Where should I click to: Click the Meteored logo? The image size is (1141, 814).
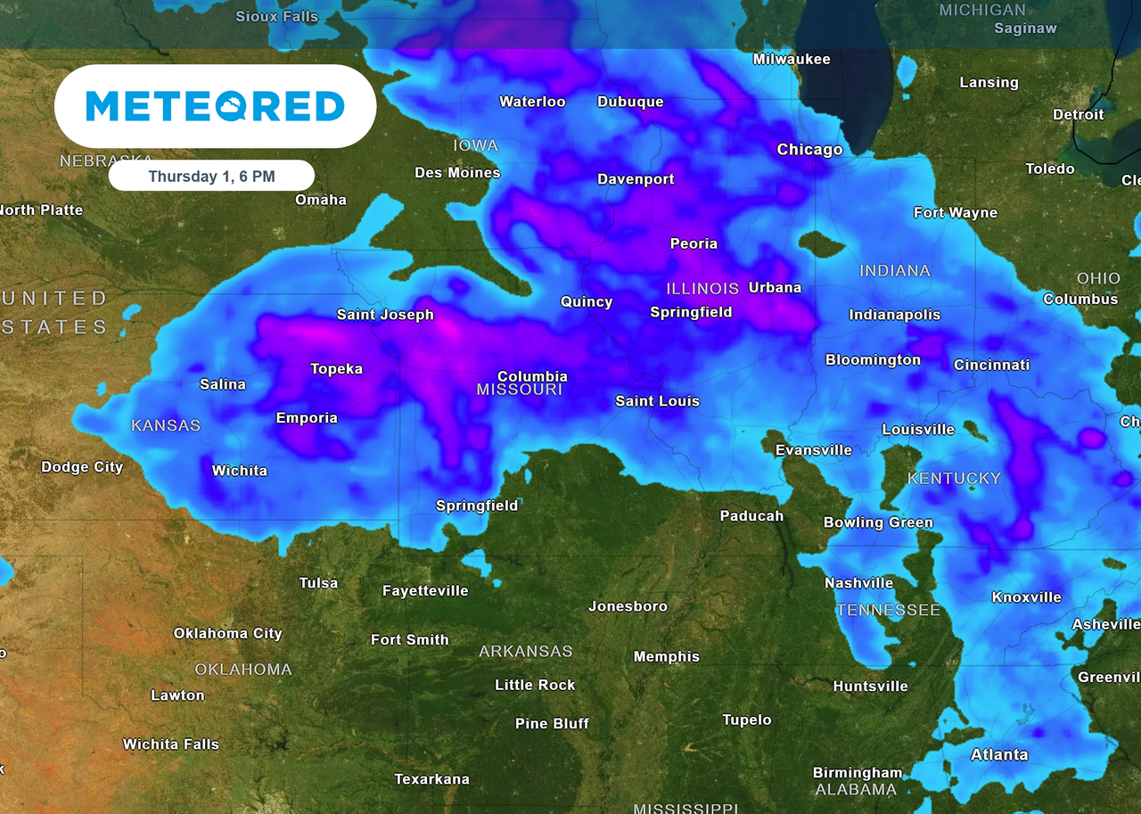(215, 106)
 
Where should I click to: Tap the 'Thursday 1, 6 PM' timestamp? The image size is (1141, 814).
(211, 176)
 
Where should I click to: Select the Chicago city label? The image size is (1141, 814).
(809, 150)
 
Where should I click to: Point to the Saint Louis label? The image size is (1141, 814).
(657, 401)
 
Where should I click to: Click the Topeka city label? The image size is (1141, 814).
(336, 369)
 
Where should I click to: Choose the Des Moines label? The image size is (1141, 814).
(457, 173)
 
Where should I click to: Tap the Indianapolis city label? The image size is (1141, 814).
(894, 315)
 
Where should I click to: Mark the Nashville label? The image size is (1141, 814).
(858, 583)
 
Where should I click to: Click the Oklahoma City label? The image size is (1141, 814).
(227, 634)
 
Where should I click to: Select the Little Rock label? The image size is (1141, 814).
(535, 685)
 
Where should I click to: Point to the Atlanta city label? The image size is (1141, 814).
(998, 755)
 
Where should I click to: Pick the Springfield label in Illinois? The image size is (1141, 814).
(691, 312)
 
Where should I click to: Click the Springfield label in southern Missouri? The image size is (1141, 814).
(476, 506)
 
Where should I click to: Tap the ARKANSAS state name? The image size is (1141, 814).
(525, 652)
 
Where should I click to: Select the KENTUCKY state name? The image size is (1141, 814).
(954, 479)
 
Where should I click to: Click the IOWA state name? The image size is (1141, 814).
(475, 145)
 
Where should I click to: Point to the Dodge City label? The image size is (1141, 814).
(82, 467)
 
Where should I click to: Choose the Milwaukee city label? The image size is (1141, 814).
(791, 60)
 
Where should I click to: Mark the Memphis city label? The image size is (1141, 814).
(666, 657)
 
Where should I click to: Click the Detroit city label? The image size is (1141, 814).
(1078, 115)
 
